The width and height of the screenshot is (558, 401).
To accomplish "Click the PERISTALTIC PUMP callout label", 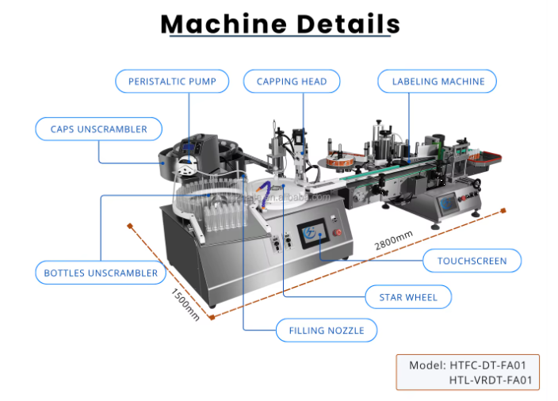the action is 172,82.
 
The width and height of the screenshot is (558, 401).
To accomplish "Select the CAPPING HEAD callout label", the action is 292,82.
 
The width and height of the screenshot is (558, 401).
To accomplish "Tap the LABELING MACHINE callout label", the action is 437,82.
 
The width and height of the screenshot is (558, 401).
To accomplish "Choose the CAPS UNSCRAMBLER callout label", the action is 98,129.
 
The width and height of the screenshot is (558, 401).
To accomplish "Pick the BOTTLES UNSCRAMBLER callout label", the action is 101,273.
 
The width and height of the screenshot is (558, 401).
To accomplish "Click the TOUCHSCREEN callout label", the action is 472,261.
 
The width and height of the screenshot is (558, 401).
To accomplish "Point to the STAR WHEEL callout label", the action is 408,297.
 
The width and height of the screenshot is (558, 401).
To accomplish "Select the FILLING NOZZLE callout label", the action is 327,330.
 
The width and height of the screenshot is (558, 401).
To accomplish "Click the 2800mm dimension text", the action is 394,240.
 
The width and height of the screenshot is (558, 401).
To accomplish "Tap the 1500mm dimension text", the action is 185,304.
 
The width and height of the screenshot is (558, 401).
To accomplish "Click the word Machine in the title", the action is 224,25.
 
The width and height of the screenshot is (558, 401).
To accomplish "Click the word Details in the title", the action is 348,25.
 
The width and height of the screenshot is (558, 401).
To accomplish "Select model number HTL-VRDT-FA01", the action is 491,380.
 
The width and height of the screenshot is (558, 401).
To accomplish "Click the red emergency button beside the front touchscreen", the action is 337,233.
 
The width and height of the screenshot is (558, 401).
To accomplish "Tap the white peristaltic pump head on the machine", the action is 186,166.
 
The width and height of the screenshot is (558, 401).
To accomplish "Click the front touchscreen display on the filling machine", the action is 313,234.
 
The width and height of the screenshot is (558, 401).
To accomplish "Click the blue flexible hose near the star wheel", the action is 264,194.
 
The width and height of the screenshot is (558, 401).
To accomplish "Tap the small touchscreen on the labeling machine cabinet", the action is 447,204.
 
